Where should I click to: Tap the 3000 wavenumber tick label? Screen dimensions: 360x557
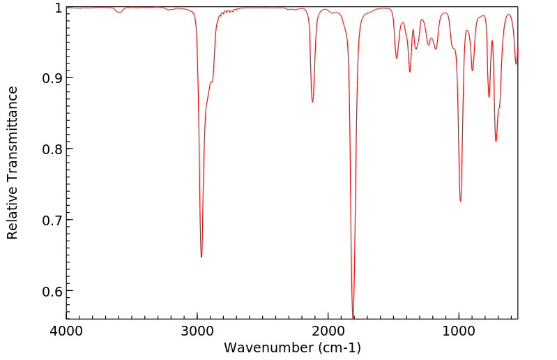(x=197, y=330)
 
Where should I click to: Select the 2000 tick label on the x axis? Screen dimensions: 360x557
(x=328, y=330)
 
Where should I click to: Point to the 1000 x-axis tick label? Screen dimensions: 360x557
(x=459, y=330)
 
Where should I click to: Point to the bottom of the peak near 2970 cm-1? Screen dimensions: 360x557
(x=201, y=257)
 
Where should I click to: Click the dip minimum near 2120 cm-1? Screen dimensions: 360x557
(x=312, y=102)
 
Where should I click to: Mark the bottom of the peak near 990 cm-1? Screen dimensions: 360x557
(x=460, y=201)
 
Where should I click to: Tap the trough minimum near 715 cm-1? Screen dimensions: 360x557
(x=496, y=141)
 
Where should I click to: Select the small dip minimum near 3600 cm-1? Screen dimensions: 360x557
(x=119, y=13)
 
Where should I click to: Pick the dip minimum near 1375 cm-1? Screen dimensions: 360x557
(x=410, y=71)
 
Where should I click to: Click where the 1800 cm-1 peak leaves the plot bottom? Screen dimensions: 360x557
(x=353, y=318)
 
